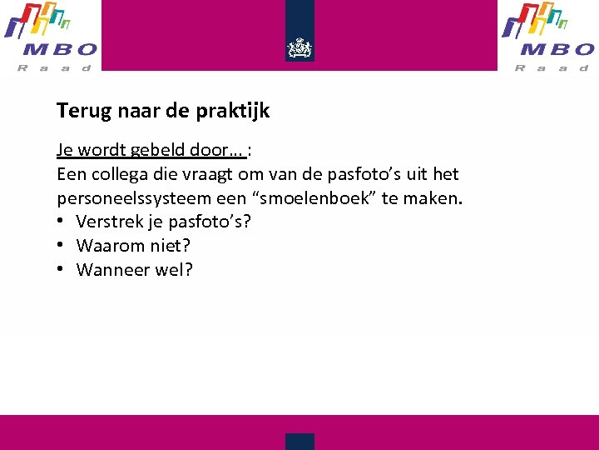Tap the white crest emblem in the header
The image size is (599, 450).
coord(299,47)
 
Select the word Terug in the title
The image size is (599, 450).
coord(79,110)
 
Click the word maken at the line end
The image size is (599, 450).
coord(436,199)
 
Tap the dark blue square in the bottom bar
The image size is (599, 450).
coord(299,441)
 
